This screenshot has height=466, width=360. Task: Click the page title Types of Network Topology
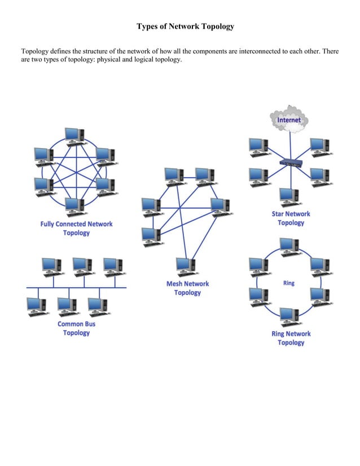185,27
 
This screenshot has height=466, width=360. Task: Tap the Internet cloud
289,120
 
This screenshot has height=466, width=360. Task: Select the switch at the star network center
291,162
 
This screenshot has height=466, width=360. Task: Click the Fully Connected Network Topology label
76,228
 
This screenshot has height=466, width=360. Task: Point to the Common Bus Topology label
76,328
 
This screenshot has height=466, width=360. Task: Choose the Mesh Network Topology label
187,288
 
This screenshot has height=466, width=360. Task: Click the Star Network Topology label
291,218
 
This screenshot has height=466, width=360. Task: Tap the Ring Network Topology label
291,338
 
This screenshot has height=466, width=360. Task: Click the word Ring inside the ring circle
288,283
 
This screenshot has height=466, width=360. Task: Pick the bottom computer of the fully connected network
73,206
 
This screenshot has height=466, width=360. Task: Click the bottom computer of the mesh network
186,266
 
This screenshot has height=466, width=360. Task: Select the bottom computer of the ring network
289,316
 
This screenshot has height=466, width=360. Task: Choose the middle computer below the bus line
67,305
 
